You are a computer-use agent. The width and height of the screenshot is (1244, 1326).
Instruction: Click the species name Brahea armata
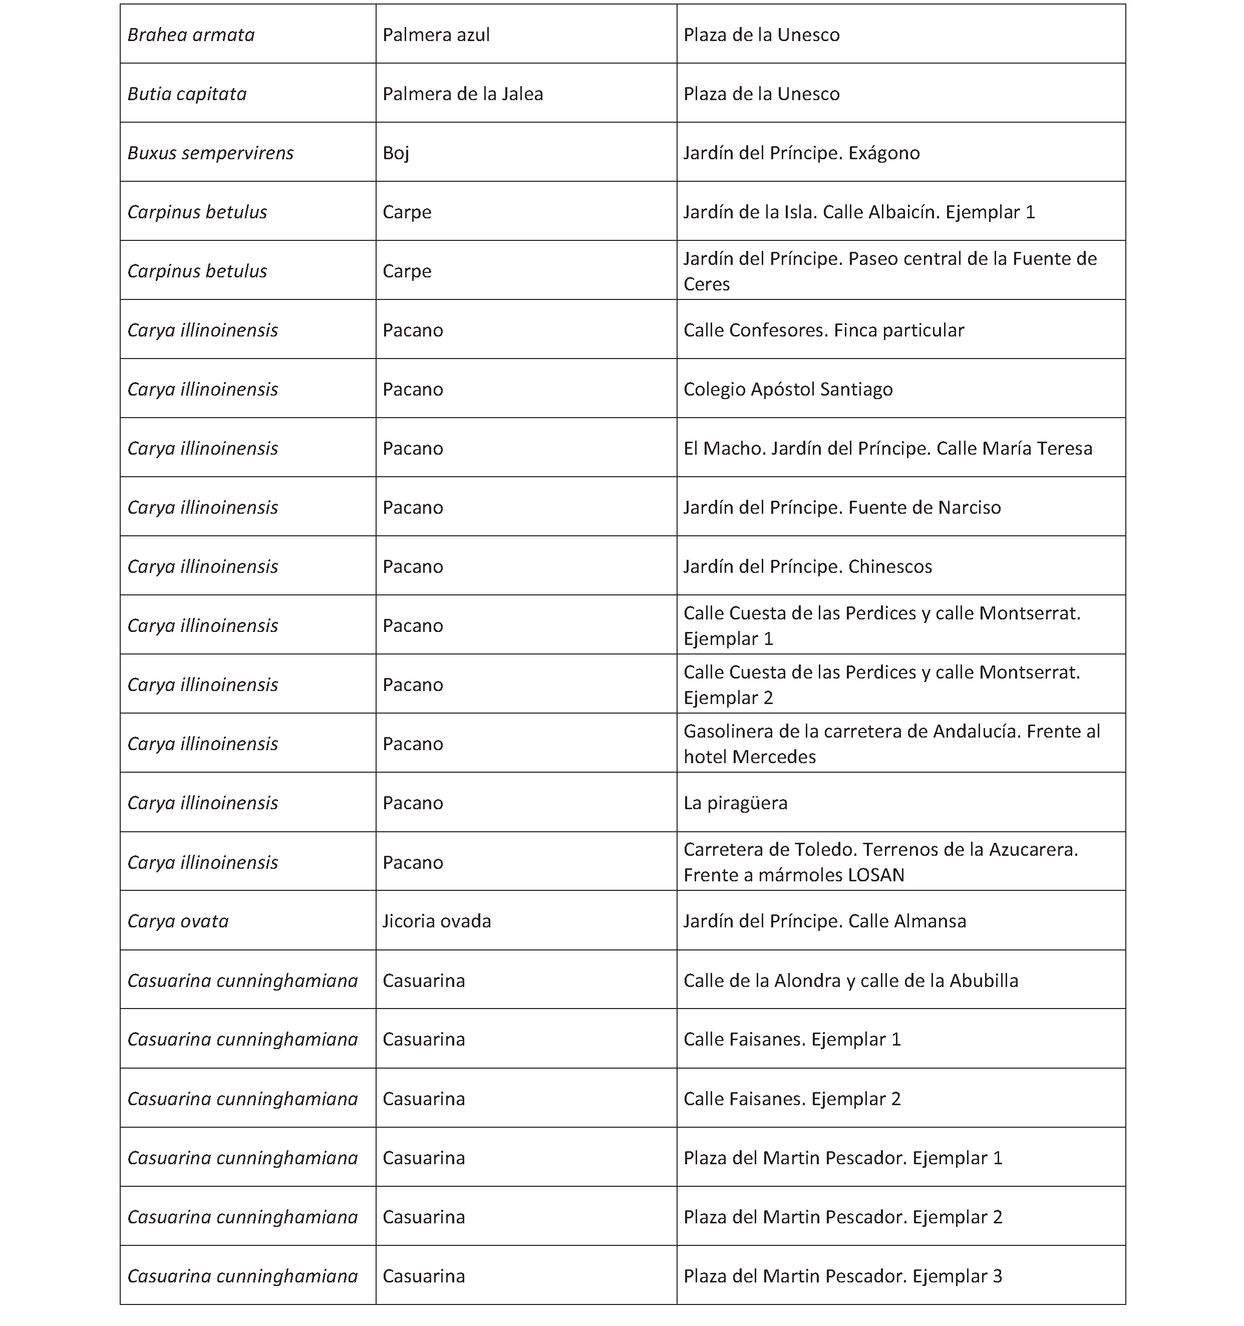(x=191, y=35)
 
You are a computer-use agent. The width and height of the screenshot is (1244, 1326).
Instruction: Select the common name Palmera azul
(x=436, y=35)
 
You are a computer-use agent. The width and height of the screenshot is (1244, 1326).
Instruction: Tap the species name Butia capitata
(x=187, y=94)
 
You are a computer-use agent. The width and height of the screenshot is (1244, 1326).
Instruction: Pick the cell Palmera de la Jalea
(x=462, y=94)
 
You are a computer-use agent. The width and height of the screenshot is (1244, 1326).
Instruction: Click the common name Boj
(x=396, y=153)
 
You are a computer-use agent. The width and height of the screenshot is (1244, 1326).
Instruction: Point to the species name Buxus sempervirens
(x=210, y=153)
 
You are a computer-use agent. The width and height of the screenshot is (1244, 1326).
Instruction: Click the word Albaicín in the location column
(x=914, y=212)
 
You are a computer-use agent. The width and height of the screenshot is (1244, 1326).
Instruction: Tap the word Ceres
(x=706, y=284)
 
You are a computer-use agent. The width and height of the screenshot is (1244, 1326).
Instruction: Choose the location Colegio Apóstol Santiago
(x=788, y=390)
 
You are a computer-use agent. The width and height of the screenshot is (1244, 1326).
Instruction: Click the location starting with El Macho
(x=887, y=448)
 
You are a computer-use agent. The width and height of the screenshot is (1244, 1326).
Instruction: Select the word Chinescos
(x=890, y=567)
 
